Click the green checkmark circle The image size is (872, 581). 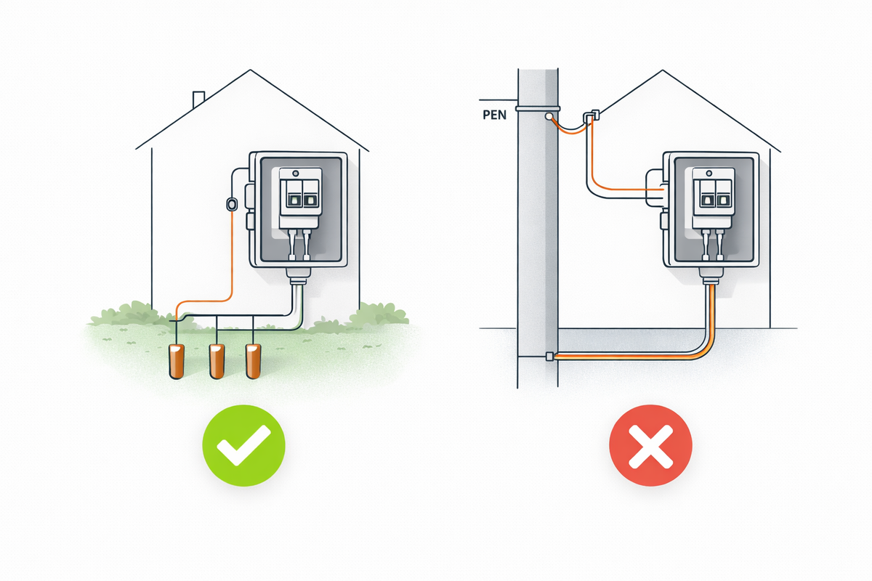coord(243,445)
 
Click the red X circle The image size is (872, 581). coord(650,445)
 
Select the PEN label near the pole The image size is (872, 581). coord(493,115)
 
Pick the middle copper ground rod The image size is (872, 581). coord(217,360)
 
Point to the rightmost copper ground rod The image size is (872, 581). coord(253,360)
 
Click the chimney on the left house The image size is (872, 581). coord(198,99)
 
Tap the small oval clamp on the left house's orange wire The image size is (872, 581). coord(232,204)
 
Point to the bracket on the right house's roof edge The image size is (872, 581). coord(594,115)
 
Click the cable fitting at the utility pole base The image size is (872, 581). coord(550,356)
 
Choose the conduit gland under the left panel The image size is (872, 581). coord(299,276)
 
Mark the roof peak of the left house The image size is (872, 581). coord(251,70)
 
